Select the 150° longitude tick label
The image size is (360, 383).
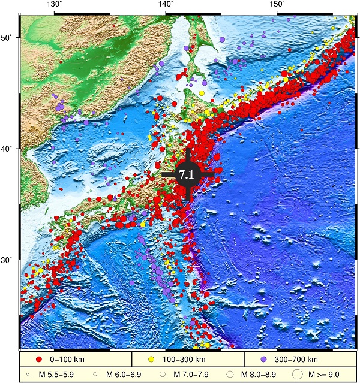coord(277,5)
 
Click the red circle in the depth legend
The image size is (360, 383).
coord(39,359)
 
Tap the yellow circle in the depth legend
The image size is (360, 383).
coord(152,359)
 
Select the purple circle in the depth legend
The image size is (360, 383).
coord(263,359)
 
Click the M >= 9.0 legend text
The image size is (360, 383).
coord(328,374)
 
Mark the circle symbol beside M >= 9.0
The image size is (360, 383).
coord(298,374)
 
